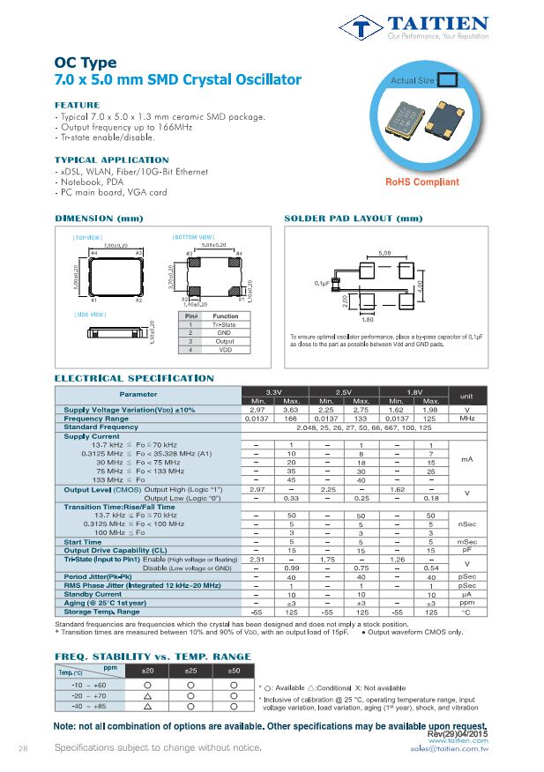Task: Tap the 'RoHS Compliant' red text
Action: [x=422, y=182]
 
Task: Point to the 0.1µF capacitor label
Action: [x=323, y=283]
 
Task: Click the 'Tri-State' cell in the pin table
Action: [x=225, y=324]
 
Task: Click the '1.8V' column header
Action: [x=414, y=391]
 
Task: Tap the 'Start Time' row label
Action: [x=83, y=542]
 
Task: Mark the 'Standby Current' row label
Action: [x=93, y=594]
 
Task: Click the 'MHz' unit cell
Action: [x=467, y=419]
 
